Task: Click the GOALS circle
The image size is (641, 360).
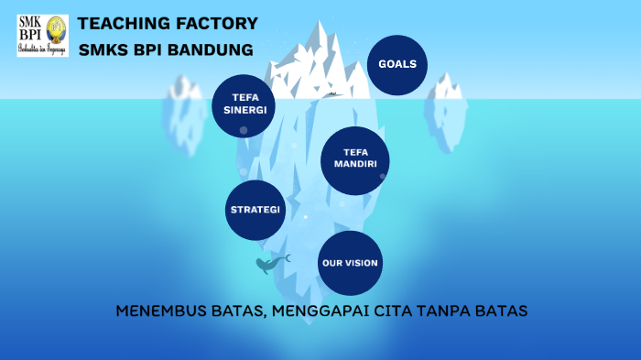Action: pyautogui.click(x=397, y=65)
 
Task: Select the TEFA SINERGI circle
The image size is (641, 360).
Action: pyautogui.click(x=244, y=104)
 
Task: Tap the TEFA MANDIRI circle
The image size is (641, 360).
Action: pyautogui.click(x=354, y=159)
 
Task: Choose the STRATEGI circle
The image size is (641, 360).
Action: pyautogui.click(x=255, y=210)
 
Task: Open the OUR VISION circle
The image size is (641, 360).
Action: pyautogui.click(x=349, y=263)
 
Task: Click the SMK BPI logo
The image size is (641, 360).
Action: pyautogui.click(x=42, y=35)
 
